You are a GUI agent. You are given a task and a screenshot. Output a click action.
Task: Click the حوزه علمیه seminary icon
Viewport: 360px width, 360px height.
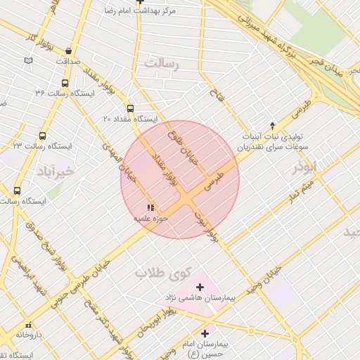point(149,208)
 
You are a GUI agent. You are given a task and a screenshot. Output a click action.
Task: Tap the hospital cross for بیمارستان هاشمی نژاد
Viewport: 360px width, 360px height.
point(200,287)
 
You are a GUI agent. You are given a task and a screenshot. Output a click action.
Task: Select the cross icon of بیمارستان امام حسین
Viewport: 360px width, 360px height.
point(205,333)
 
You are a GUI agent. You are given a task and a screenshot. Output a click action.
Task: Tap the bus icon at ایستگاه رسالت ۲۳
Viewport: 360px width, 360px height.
point(43,136)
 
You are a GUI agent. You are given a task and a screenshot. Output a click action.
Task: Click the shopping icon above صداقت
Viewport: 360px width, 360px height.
point(68,51)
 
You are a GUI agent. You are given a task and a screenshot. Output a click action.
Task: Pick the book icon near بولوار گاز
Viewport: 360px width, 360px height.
point(28,60)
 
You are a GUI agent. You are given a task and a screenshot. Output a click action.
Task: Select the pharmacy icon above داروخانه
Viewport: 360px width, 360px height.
point(28,326)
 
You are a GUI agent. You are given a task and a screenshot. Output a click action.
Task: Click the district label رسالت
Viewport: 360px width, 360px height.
point(162,63)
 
